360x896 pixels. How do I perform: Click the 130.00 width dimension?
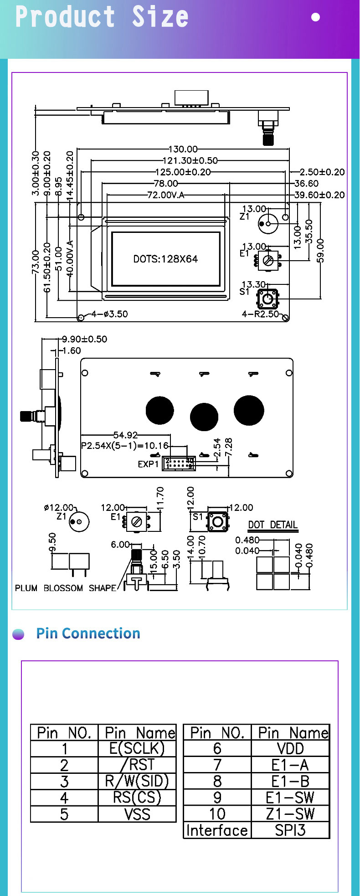coord(183,149)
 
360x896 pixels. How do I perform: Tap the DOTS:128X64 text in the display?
coord(165,259)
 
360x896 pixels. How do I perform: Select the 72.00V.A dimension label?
coord(166,195)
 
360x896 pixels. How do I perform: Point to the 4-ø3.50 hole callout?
coord(109,314)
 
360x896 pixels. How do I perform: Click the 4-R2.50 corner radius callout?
coord(260,314)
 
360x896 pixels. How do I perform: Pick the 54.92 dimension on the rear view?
coord(125,435)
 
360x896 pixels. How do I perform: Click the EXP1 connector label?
coord(148,464)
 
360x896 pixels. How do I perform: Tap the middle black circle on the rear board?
coord(204,417)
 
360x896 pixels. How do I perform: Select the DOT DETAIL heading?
coord(273,525)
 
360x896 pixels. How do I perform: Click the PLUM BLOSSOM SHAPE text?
coord(66,588)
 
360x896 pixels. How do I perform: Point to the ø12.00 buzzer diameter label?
coord(59,508)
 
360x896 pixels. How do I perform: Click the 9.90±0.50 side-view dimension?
coord(84,339)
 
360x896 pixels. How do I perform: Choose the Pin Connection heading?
coord(88,633)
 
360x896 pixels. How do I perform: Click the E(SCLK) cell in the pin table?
coord(137,749)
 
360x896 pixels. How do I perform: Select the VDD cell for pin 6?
coord(290,749)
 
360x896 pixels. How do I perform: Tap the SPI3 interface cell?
coord(290,830)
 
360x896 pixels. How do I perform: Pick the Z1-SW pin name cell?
coord(290,814)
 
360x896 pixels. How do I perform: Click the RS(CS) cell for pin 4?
coord(137,798)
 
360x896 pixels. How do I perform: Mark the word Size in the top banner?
coord(160,17)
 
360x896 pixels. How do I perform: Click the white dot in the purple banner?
coord(315,17)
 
